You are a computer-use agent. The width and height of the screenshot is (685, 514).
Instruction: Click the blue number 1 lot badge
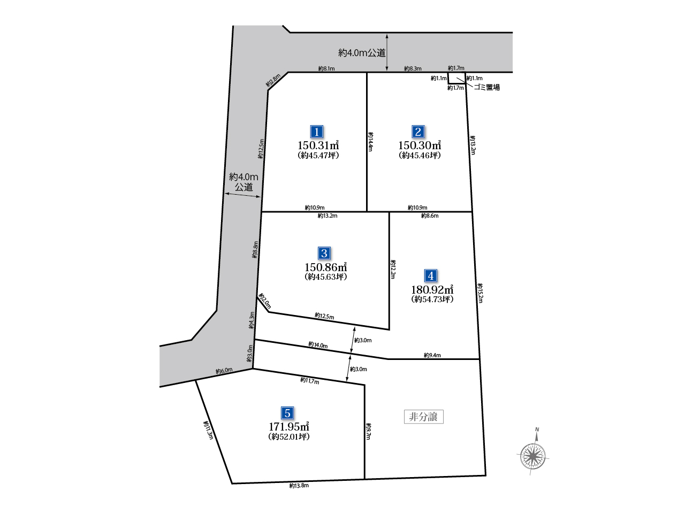click(316, 132)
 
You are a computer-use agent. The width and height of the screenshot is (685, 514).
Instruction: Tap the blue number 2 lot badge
click(418, 132)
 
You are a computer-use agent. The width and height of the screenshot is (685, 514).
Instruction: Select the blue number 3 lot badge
click(324, 254)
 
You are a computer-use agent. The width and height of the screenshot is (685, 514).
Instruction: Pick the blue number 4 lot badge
click(431, 275)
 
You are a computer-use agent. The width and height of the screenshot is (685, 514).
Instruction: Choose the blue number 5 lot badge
click(287, 413)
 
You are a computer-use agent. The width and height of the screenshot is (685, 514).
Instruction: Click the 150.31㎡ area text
click(318, 145)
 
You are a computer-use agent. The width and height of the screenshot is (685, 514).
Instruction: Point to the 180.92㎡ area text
click(432, 289)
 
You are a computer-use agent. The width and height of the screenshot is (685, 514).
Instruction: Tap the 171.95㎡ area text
click(289, 426)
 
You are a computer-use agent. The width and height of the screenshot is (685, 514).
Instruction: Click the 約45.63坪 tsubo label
click(326, 277)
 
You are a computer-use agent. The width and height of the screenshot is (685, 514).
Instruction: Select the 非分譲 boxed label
click(423, 417)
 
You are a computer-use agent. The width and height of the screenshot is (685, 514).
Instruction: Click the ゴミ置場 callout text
click(487, 87)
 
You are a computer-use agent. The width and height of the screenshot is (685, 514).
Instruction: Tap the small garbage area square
click(457, 78)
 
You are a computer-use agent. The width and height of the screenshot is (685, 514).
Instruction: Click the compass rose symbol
click(532, 457)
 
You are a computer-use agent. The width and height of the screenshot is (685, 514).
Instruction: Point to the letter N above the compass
click(537, 429)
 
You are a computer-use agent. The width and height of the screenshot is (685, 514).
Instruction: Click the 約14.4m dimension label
click(370, 142)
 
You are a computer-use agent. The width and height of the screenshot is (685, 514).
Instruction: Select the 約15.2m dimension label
click(480, 293)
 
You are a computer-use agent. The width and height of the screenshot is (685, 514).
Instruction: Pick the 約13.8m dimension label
click(299, 486)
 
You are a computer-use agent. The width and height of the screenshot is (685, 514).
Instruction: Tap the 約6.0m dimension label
click(224, 371)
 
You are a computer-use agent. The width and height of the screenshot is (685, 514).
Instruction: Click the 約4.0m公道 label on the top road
click(362, 53)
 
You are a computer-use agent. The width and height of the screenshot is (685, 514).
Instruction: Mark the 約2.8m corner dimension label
click(273, 80)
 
